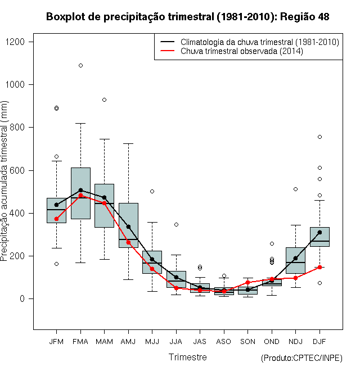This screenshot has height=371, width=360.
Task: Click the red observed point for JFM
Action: point(56,219)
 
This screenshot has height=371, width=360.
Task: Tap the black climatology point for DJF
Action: point(319,232)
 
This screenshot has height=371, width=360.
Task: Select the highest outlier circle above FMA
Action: point(81,66)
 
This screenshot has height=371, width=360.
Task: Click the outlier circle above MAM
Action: point(104,100)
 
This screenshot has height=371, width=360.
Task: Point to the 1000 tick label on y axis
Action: point(15,84)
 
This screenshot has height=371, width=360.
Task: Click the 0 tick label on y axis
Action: point(22,298)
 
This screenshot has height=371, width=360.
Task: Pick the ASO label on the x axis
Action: point(223,342)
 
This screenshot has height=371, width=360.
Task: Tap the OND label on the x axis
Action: point(272,342)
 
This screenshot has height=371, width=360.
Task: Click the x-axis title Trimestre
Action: point(187,357)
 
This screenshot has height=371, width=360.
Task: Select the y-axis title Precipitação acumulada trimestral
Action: point(4,181)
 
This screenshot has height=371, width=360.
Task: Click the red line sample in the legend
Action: point(168,51)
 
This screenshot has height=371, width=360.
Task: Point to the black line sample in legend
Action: point(168,42)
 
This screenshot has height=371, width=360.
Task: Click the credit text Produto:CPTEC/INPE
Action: point(301,358)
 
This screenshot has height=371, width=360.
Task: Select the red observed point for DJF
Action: point(319,267)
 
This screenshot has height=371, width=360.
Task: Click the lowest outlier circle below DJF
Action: point(319,283)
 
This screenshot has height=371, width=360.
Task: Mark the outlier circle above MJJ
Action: point(152,192)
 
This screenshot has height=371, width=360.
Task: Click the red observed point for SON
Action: point(247,282)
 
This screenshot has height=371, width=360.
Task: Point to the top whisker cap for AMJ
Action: point(128,143)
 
